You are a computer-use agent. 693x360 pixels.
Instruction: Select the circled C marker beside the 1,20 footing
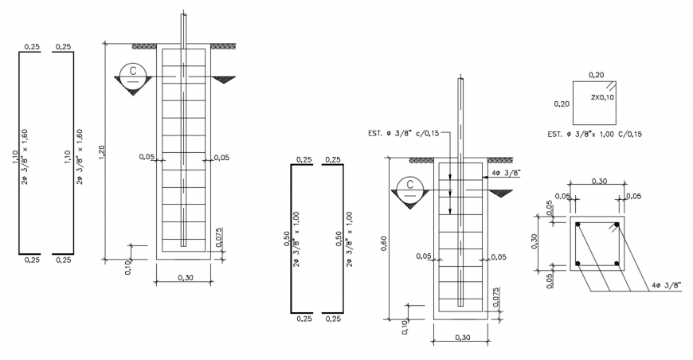pos(130,73)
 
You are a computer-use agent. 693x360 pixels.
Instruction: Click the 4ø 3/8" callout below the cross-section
pos(665,283)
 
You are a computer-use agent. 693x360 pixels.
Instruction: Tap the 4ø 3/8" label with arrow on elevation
pos(507,173)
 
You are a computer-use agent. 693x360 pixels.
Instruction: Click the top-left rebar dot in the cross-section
pos(577,225)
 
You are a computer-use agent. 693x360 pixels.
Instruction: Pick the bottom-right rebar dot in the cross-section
pos(617,264)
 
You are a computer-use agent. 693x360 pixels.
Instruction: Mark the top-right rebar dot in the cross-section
pos(617,225)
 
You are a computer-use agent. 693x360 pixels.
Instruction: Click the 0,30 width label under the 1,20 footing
pos(183,277)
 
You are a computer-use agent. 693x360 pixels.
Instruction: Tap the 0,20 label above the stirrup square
pos(596,74)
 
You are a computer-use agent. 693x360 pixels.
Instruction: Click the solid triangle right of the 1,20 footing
pos(225,79)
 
